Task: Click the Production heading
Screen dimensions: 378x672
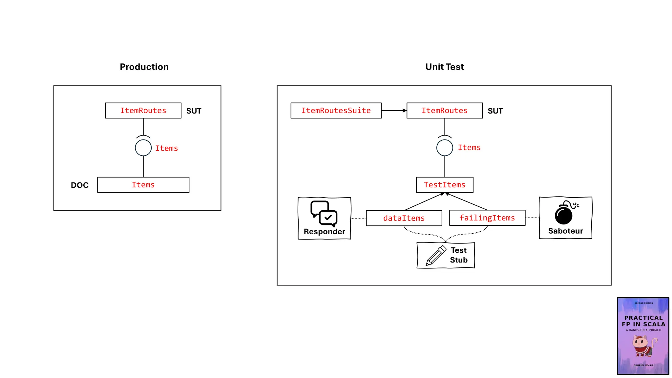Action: coord(144,67)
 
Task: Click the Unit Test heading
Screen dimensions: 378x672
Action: coord(444,67)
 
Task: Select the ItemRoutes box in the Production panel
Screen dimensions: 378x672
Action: coord(143,111)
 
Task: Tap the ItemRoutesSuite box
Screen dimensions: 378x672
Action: coord(336,111)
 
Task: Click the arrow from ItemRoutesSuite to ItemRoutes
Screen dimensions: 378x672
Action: coord(394,111)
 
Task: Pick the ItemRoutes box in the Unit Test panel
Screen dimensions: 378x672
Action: coord(444,111)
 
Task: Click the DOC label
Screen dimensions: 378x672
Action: coord(80,185)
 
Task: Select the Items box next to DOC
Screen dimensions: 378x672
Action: coord(143,185)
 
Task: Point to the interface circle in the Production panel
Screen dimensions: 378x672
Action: coord(143,148)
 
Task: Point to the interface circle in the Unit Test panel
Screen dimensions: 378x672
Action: coord(445,148)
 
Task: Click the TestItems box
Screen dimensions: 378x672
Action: coord(444,185)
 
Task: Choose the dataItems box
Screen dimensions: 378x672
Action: coord(404,218)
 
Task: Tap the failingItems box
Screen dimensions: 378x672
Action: coord(487,218)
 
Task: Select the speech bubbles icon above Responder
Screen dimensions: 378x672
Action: coord(324,213)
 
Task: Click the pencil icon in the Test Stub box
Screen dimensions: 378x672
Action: coord(436,256)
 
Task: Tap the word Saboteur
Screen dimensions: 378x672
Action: coord(565,231)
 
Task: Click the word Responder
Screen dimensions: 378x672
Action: coord(324,232)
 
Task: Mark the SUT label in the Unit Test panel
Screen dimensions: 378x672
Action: coord(495,111)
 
